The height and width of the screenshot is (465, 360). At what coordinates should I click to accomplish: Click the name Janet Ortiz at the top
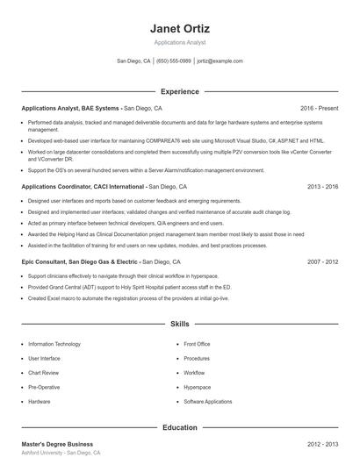tap(180, 29)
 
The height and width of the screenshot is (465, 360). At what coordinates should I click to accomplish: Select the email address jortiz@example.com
tap(220, 61)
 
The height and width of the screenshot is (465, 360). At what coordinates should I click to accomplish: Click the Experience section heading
tap(180, 91)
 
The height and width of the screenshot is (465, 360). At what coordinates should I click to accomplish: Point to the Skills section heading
tap(180, 324)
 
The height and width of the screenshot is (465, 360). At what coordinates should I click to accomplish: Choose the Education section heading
tap(180, 427)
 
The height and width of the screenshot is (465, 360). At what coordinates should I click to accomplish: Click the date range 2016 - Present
tap(319, 108)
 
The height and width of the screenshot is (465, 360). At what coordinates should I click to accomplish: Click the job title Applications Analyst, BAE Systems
tap(71, 108)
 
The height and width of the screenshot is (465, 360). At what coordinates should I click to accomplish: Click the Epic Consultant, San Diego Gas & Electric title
tap(80, 261)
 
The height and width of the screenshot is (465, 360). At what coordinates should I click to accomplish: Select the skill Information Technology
tap(54, 344)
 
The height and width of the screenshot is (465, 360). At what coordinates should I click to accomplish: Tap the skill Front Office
tap(197, 344)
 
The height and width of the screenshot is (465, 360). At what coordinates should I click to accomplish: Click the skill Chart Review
tap(45, 373)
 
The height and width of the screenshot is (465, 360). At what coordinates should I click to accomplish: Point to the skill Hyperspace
tap(197, 387)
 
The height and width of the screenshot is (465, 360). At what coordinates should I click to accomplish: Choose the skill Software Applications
tap(208, 401)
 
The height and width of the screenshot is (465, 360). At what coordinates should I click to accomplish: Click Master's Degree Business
tap(57, 444)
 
